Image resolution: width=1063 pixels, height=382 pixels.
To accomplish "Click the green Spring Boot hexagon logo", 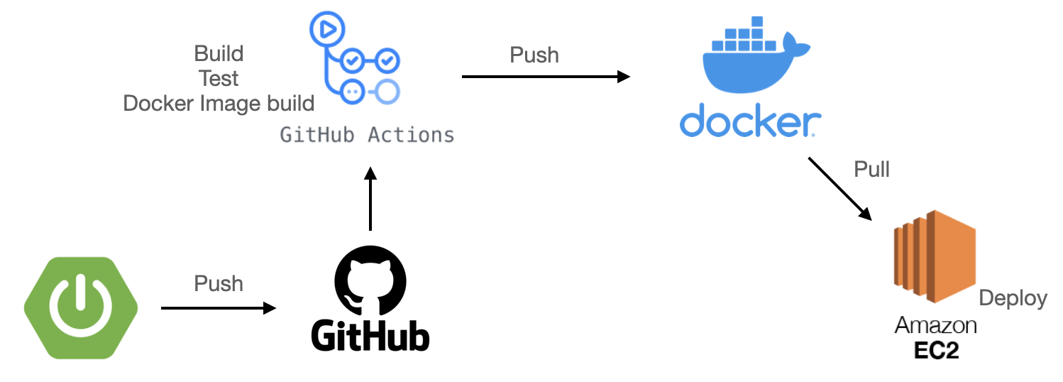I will coord(80,307).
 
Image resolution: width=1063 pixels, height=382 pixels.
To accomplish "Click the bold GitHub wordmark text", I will coord(370,336).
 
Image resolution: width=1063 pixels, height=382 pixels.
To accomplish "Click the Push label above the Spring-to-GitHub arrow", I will coord(219,284).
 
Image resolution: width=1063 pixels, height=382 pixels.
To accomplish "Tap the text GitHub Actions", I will coord(367,134).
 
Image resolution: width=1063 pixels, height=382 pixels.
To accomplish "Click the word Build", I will coord(219,54).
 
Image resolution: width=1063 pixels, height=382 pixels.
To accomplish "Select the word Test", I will coord(219,78).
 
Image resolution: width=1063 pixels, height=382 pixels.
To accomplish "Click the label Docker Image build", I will coord(219,104).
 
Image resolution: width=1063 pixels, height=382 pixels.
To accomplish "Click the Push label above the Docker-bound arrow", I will coord(534,55).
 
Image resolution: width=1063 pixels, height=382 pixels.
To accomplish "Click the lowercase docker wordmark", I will coord(750,121).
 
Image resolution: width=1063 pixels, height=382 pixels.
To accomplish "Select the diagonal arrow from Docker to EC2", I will coord(840,188).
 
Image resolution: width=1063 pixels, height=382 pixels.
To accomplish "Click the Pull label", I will coord(872,170).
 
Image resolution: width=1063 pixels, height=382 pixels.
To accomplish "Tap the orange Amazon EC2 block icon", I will coord(935,257).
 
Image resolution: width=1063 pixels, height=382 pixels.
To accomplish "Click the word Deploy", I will coord(1013,298).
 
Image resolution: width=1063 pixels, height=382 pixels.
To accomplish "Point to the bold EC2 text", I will coord(936,350).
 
